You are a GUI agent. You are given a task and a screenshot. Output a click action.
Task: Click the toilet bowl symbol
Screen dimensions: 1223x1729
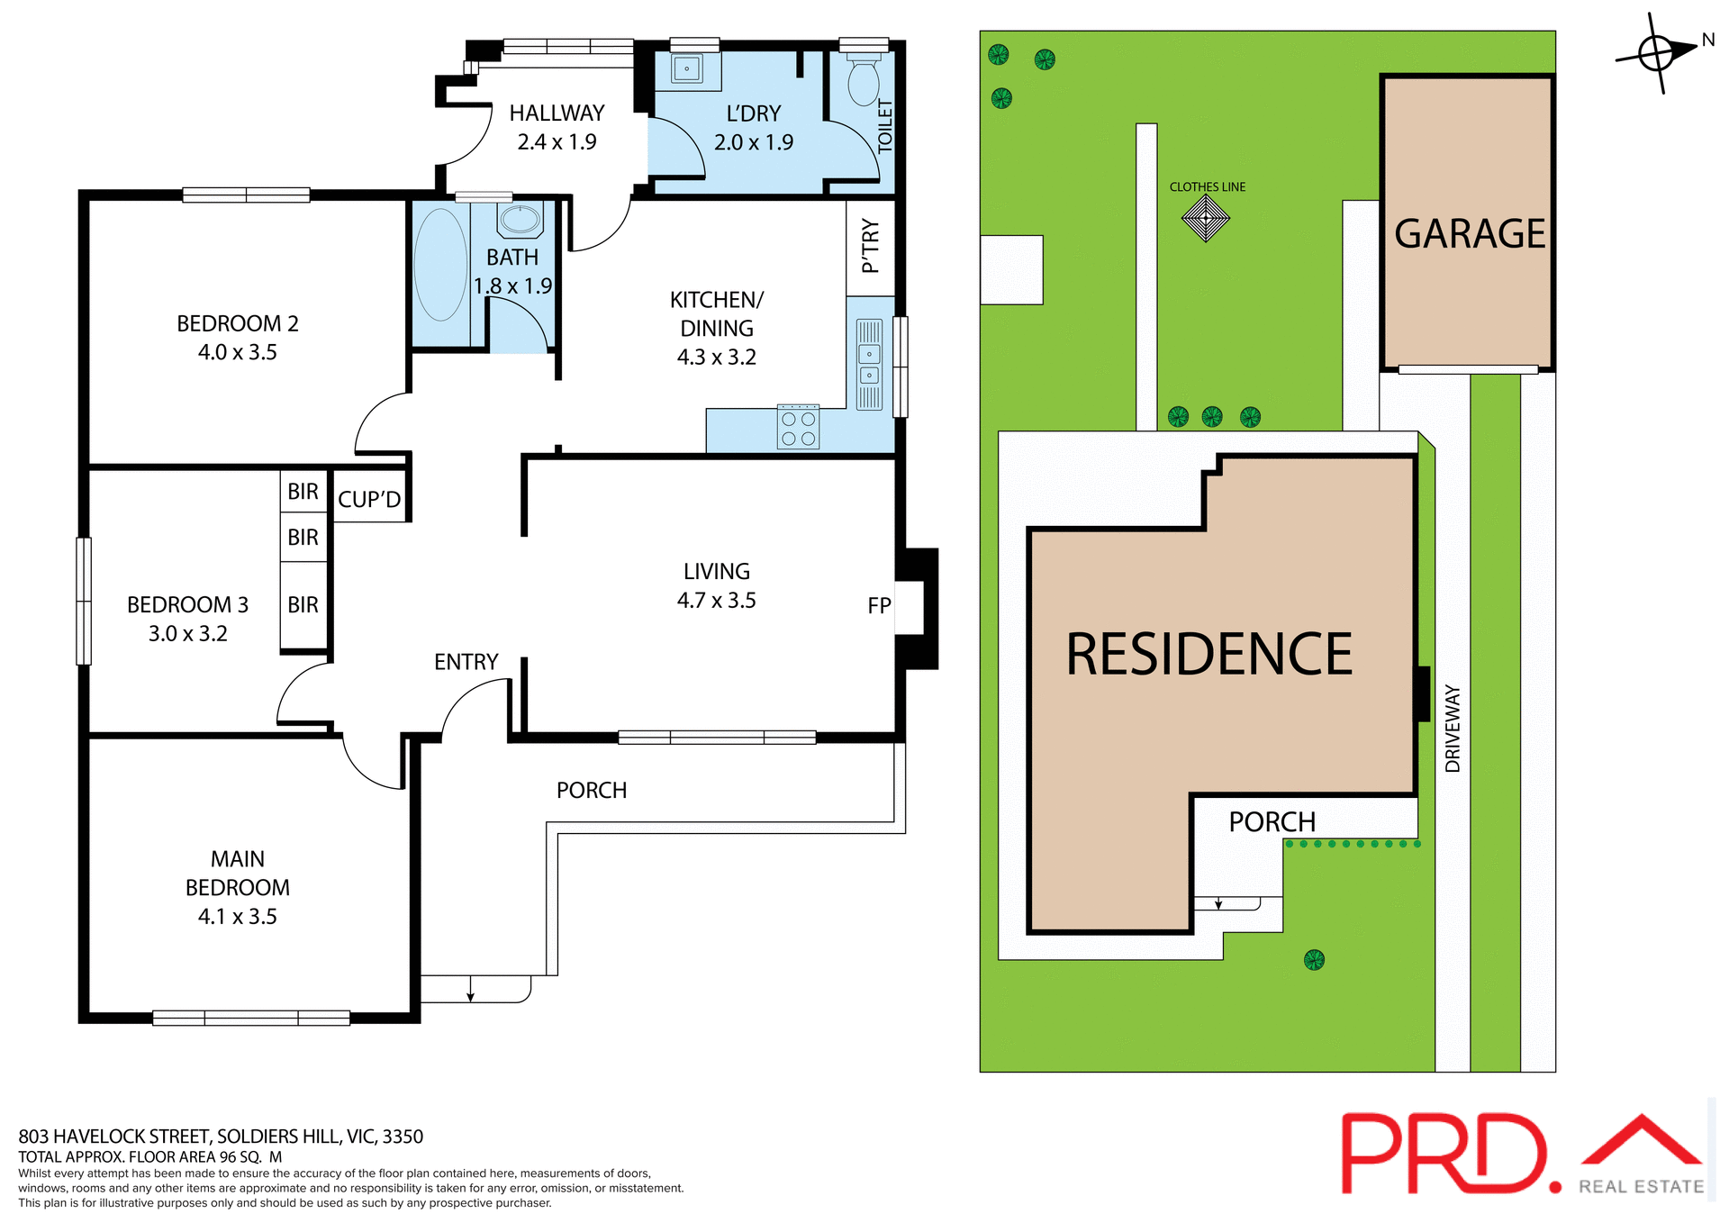(864, 83)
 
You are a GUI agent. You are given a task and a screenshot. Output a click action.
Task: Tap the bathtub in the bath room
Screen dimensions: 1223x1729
(440, 265)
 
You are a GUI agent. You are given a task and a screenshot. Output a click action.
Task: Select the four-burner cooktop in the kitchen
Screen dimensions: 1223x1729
(798, 427)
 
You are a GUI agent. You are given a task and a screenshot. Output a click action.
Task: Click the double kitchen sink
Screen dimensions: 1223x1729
(869, 364)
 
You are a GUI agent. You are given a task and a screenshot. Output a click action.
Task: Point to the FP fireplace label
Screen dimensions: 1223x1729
(879, 606)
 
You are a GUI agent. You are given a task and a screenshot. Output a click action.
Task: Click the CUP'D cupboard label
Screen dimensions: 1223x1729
(369, 500)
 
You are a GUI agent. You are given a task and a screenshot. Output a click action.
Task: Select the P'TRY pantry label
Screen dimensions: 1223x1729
(870, 245)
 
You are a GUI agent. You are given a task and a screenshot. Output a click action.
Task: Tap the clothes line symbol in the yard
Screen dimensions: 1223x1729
(1206, 218)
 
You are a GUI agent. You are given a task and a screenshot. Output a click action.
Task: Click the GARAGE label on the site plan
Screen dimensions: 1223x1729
(1469, 234)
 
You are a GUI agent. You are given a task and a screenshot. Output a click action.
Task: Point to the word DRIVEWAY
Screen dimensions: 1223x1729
(1453, 729)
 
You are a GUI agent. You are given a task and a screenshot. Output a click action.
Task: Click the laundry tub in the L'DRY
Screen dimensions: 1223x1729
(687, 68)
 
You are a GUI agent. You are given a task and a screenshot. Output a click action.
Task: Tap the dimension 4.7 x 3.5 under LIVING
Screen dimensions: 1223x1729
(716, 601)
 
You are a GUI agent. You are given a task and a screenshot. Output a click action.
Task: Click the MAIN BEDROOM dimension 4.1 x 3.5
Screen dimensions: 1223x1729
(237, 917)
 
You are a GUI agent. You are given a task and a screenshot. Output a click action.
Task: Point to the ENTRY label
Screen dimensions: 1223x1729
(466, 662)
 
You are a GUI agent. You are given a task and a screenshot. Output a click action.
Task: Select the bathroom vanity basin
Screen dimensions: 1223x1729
(520, 219)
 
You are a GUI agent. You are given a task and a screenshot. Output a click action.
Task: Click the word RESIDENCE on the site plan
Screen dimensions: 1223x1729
(1208, 655)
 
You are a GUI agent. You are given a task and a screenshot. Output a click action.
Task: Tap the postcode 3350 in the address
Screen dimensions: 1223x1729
(403, 1137)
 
